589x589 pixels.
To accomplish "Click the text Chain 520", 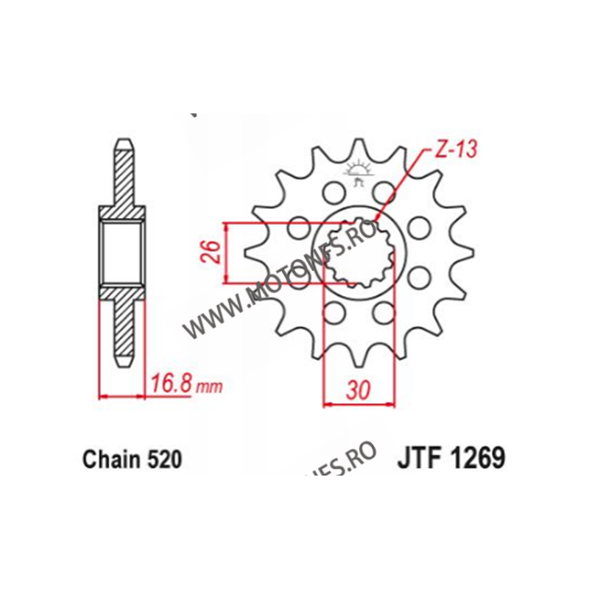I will (x=131, y=460).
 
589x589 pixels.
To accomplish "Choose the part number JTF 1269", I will (x=452, y=459).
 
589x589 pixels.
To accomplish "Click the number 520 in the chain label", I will (x=163, y=460).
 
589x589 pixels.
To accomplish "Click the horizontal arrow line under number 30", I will (x=357, y=403).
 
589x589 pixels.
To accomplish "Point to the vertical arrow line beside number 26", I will (x=226, y=252).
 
